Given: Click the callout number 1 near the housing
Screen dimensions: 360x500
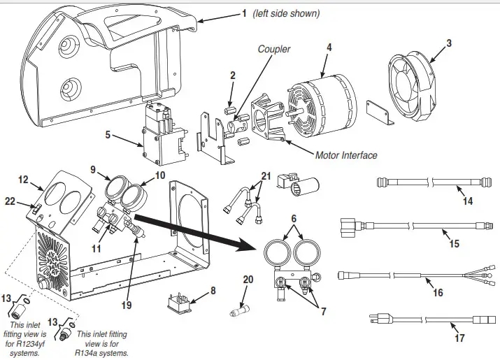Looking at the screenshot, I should [x=244, y=13].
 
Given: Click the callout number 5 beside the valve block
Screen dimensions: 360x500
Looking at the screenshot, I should [x=107, y=134].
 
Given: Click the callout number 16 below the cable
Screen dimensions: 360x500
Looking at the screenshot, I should [x=438, y=292].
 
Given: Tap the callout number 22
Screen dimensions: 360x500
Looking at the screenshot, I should [x=9, y=201].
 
